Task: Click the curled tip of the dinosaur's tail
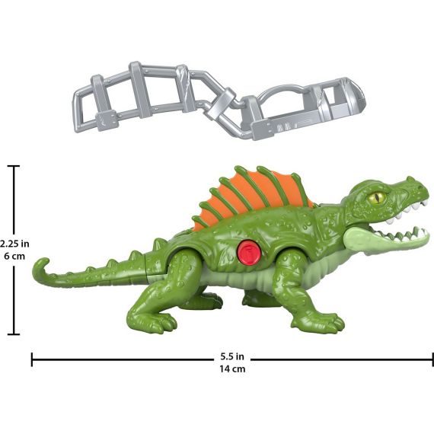coord(40,268)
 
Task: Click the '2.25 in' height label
coord(14,244)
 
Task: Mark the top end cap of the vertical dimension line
coord(15,167)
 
